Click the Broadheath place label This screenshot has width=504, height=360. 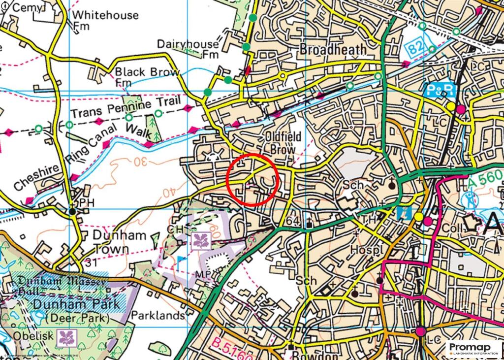(333, 50)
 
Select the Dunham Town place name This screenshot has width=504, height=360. (120, 242)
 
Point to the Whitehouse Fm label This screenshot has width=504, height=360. (105, 20)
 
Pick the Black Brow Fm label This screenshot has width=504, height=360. (140, 76)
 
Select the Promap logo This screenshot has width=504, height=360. (473, 348)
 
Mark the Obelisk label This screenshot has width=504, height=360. (26, 335)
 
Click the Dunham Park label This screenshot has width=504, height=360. (76, 304)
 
